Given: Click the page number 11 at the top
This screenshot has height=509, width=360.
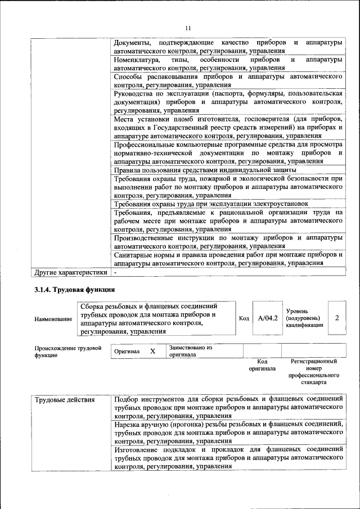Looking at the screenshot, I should click(x=188, y=28).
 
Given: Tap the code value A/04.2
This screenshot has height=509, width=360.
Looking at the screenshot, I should click(x=268, y=318).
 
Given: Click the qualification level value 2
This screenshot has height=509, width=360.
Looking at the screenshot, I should click(x=336, y=318).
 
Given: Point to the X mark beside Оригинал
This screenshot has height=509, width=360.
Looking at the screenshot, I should click(x=152, y=350).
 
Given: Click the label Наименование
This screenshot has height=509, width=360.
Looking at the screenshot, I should click(x=53, y=319).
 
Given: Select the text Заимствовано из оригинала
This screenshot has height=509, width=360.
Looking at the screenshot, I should click(x=190, y=352).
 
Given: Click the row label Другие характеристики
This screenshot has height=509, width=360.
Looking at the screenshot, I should click(x=70, y=273).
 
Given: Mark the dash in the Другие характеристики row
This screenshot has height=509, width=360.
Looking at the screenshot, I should click(x=115, y=273).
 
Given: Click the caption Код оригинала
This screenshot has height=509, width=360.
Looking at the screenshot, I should click(x=262, y=366).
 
